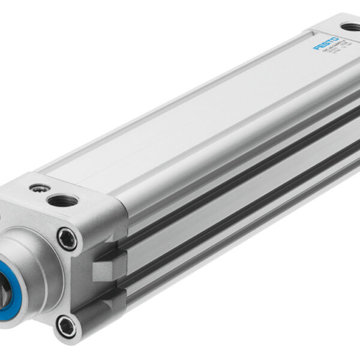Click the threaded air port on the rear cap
tap(350, 27)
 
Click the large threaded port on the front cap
tap(62, 200)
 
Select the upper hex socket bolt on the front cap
tap(67, 239)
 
